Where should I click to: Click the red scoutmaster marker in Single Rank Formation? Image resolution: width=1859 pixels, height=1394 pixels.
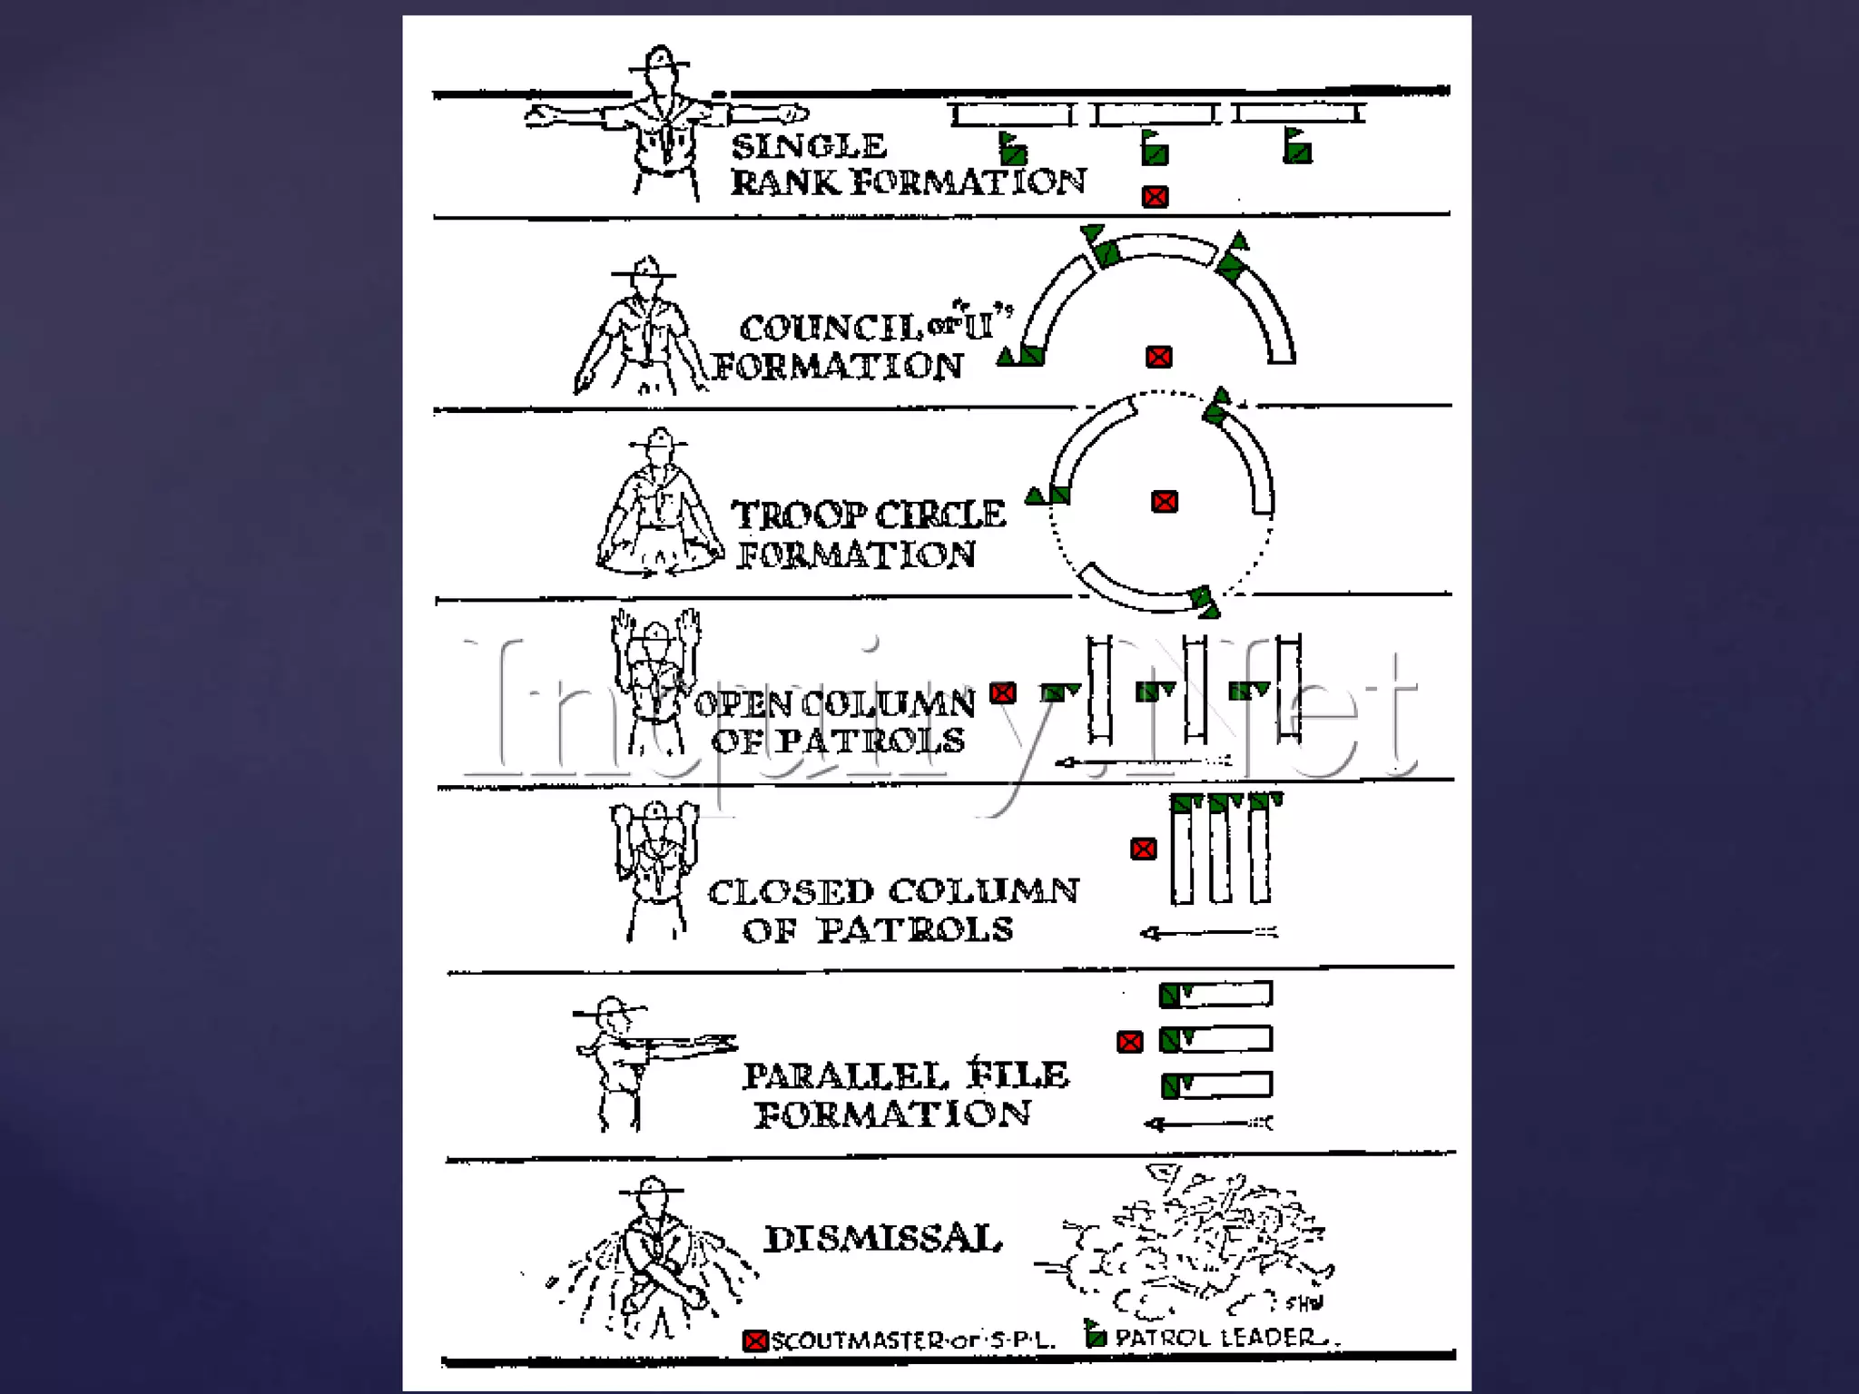point(1155,197)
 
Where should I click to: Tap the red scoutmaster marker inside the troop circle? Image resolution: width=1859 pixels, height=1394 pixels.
point(1165,502)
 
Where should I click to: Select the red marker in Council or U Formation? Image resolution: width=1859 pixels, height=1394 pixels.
point(1159,357)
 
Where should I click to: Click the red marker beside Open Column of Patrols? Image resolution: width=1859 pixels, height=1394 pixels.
point(1003,693)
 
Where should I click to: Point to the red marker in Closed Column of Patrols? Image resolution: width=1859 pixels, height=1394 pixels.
point(1144,849)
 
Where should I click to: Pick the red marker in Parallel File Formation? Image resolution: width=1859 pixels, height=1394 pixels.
point(1130,1042)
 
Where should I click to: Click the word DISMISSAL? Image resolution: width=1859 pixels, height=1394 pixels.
point(883,1239)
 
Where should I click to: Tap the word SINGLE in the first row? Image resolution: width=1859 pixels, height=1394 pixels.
point(809,145)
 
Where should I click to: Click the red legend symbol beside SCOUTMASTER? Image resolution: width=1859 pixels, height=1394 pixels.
point(755,1340)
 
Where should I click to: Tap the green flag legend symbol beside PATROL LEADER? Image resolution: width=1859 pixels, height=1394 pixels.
point(1096,1334)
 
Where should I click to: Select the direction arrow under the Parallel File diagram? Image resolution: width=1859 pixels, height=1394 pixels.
point(1208,1124)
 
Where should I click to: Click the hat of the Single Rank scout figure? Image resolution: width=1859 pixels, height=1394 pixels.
point(660,60)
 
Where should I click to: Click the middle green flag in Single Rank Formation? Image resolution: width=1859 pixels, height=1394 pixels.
point(1155,147)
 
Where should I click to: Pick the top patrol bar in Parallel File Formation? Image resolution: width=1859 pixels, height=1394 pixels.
point(1216,995)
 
